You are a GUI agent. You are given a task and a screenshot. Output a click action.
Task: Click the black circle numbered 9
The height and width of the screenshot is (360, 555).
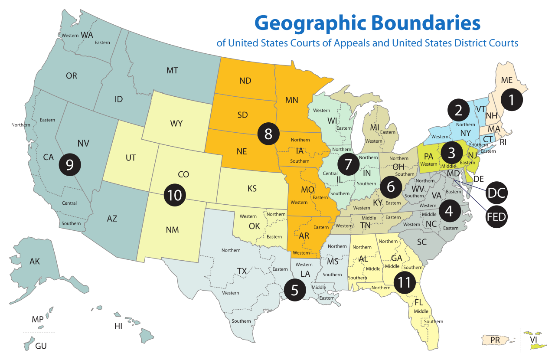click(x=70, y=164)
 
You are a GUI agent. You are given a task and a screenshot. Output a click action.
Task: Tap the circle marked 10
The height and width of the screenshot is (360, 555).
click(x=174, y=195)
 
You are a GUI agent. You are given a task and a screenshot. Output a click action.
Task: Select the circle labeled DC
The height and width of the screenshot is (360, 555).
click(x=496, y=193)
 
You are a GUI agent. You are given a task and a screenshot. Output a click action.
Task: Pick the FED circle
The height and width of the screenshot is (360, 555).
click(x=496, y=216)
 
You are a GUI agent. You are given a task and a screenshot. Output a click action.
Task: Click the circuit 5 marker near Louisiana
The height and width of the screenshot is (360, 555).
click(x=295, y=290)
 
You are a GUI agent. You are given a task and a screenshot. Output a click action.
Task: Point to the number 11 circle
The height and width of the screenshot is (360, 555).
click(x=404, y=283)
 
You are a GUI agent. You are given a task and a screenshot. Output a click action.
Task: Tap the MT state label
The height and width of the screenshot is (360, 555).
click(x=172, y=70)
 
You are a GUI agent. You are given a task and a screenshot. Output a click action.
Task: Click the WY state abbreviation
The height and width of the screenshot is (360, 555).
click(x=176, y=124)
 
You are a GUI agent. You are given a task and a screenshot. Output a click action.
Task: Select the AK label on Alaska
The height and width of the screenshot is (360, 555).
click(x=35, y=261)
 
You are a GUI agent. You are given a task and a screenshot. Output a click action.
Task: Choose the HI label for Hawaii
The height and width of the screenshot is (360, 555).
click(x=118, y=327)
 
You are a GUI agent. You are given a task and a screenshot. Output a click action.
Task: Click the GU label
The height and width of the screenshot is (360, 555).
click(x=41, y=346)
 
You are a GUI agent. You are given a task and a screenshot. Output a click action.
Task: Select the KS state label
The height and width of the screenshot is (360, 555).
click(x=252, y=189)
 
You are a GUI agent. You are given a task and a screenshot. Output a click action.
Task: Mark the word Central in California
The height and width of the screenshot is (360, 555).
click(x=69, y=203)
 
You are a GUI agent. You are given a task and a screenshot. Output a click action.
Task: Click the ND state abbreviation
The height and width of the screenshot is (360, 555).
click(x=245, y=81)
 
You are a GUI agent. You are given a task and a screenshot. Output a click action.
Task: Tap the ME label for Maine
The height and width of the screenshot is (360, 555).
click(x=506, y=80)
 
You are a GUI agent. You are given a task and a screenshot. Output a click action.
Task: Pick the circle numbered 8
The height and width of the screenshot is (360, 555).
click(x=268, y=134)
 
